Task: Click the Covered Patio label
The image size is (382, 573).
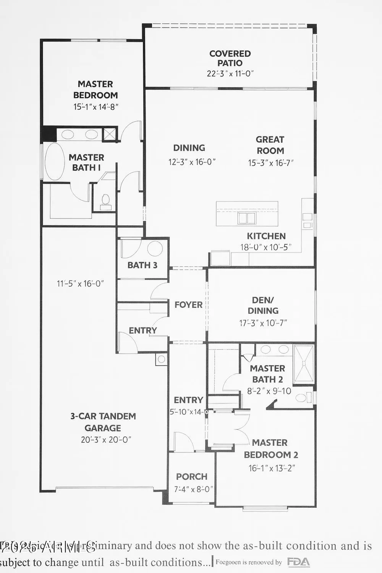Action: (230, 58)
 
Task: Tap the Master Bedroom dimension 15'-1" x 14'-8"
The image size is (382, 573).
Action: (95, 107)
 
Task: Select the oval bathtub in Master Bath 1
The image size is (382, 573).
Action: (55, 162)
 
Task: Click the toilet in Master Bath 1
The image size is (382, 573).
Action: (105, 200)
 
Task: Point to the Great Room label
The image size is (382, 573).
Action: (270, 145)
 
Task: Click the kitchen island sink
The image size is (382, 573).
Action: (246, 218)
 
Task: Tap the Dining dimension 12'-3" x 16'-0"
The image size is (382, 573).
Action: (192, 162)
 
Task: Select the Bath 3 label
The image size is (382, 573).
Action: (142, 265)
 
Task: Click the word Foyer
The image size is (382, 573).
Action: (188, 305)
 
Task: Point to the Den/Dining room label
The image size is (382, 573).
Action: (263, 306)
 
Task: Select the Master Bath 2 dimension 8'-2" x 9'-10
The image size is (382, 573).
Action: (269, 391)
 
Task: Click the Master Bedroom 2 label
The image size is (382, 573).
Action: (271, 449)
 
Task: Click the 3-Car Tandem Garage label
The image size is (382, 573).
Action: (103, 422)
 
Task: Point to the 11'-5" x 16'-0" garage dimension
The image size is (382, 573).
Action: (80, 284)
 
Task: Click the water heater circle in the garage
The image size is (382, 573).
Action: (161, 359)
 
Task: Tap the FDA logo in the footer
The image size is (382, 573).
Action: (298, 562)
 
